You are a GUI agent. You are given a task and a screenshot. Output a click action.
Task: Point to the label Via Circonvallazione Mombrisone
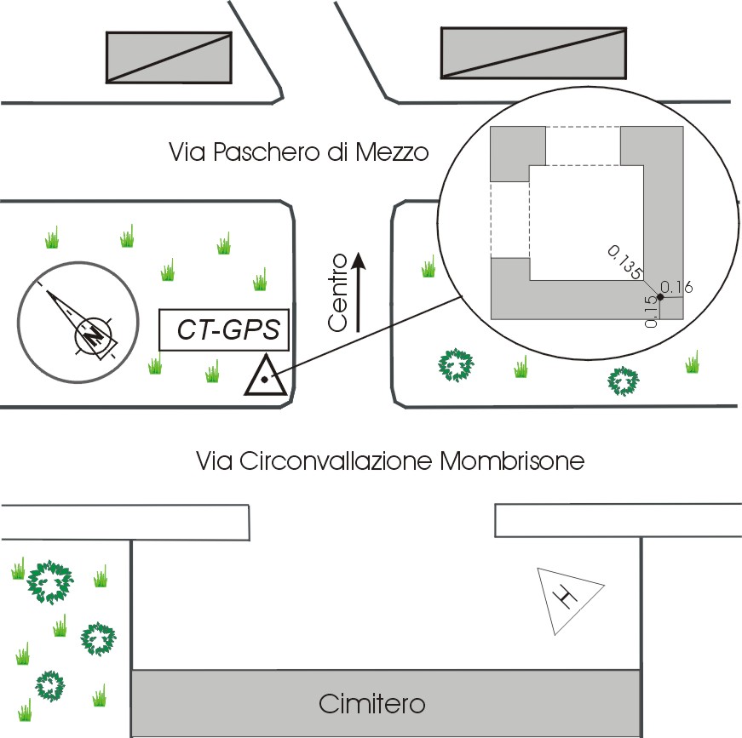point(390,462)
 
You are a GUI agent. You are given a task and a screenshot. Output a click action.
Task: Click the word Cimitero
point(371,705)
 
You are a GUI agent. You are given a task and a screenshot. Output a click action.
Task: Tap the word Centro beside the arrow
point(338,292)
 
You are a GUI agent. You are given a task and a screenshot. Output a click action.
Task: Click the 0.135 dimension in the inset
point(624,261)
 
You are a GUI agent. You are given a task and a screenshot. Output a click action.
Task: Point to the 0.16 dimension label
point(677,287)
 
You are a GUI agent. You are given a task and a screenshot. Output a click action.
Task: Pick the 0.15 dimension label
point(652,312)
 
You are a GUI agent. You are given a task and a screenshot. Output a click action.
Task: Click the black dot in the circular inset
point(660,296)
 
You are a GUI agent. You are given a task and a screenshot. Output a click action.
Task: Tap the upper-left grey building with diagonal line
point(169,57)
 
